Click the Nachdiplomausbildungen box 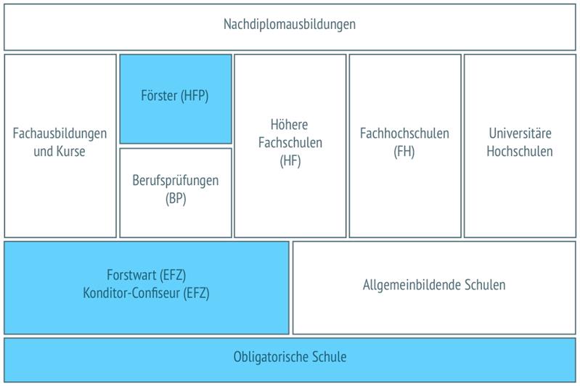(x=290, y=26)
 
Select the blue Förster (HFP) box (x=176, y=99)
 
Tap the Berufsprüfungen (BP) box (x=176, y=192)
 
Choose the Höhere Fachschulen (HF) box (x=290, y=145)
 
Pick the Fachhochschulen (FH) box (x=404, y=145)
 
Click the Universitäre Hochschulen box (x=520, y=145)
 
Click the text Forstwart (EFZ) (x=147, y=276)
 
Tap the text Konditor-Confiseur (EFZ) (x=147, y=294)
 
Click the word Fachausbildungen (x=60, y=134)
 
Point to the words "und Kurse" (x=60, y=152)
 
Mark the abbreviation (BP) (x=176, y=199)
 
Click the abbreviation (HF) (x=290, y=162)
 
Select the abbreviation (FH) (x=404, y=152)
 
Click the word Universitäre (x=520, y=134)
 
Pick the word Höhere (x=290, y=125)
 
